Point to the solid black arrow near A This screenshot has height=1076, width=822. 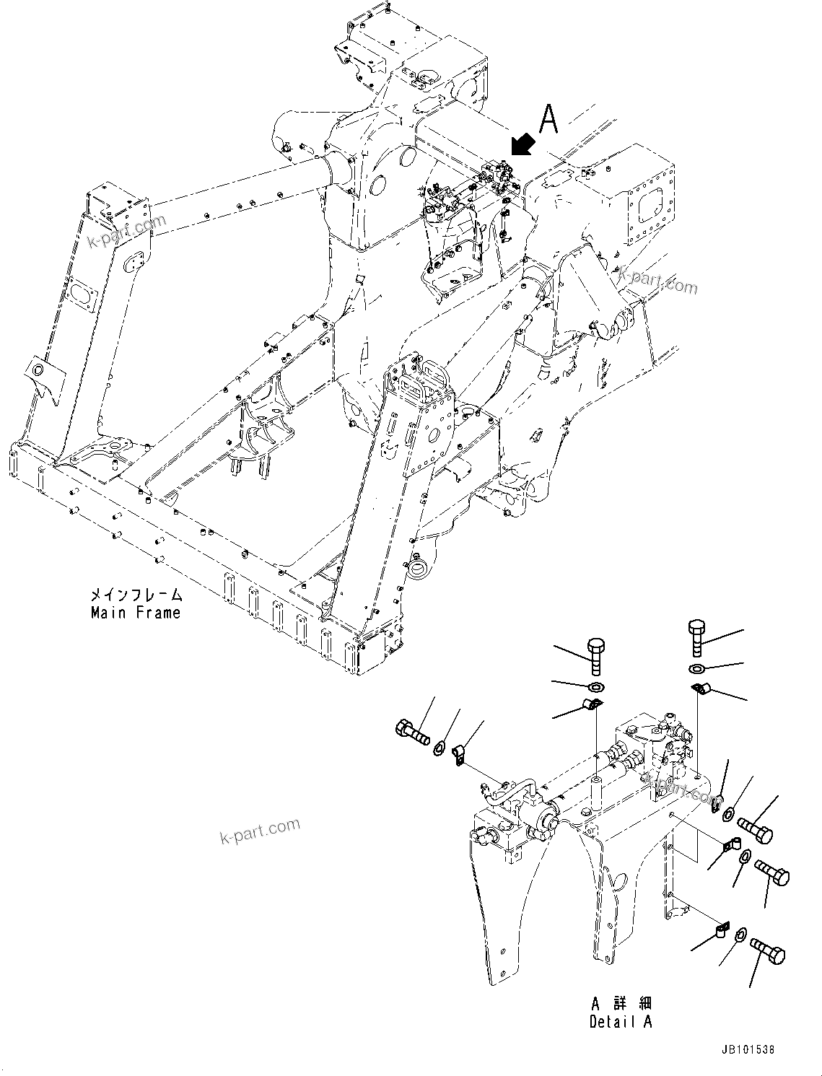pos(523,144)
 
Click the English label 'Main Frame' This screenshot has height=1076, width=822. pos(136,613)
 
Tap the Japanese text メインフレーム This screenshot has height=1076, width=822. pos(136,595)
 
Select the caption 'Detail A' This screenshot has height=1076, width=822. pos(621,1022)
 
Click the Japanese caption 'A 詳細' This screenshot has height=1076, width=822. pos(621,1004)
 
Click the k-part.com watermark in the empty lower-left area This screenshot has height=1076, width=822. pos(260,831)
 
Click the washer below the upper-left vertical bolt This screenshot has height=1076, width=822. pos(596,685)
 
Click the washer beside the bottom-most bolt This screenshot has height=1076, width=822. pos(740,936)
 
